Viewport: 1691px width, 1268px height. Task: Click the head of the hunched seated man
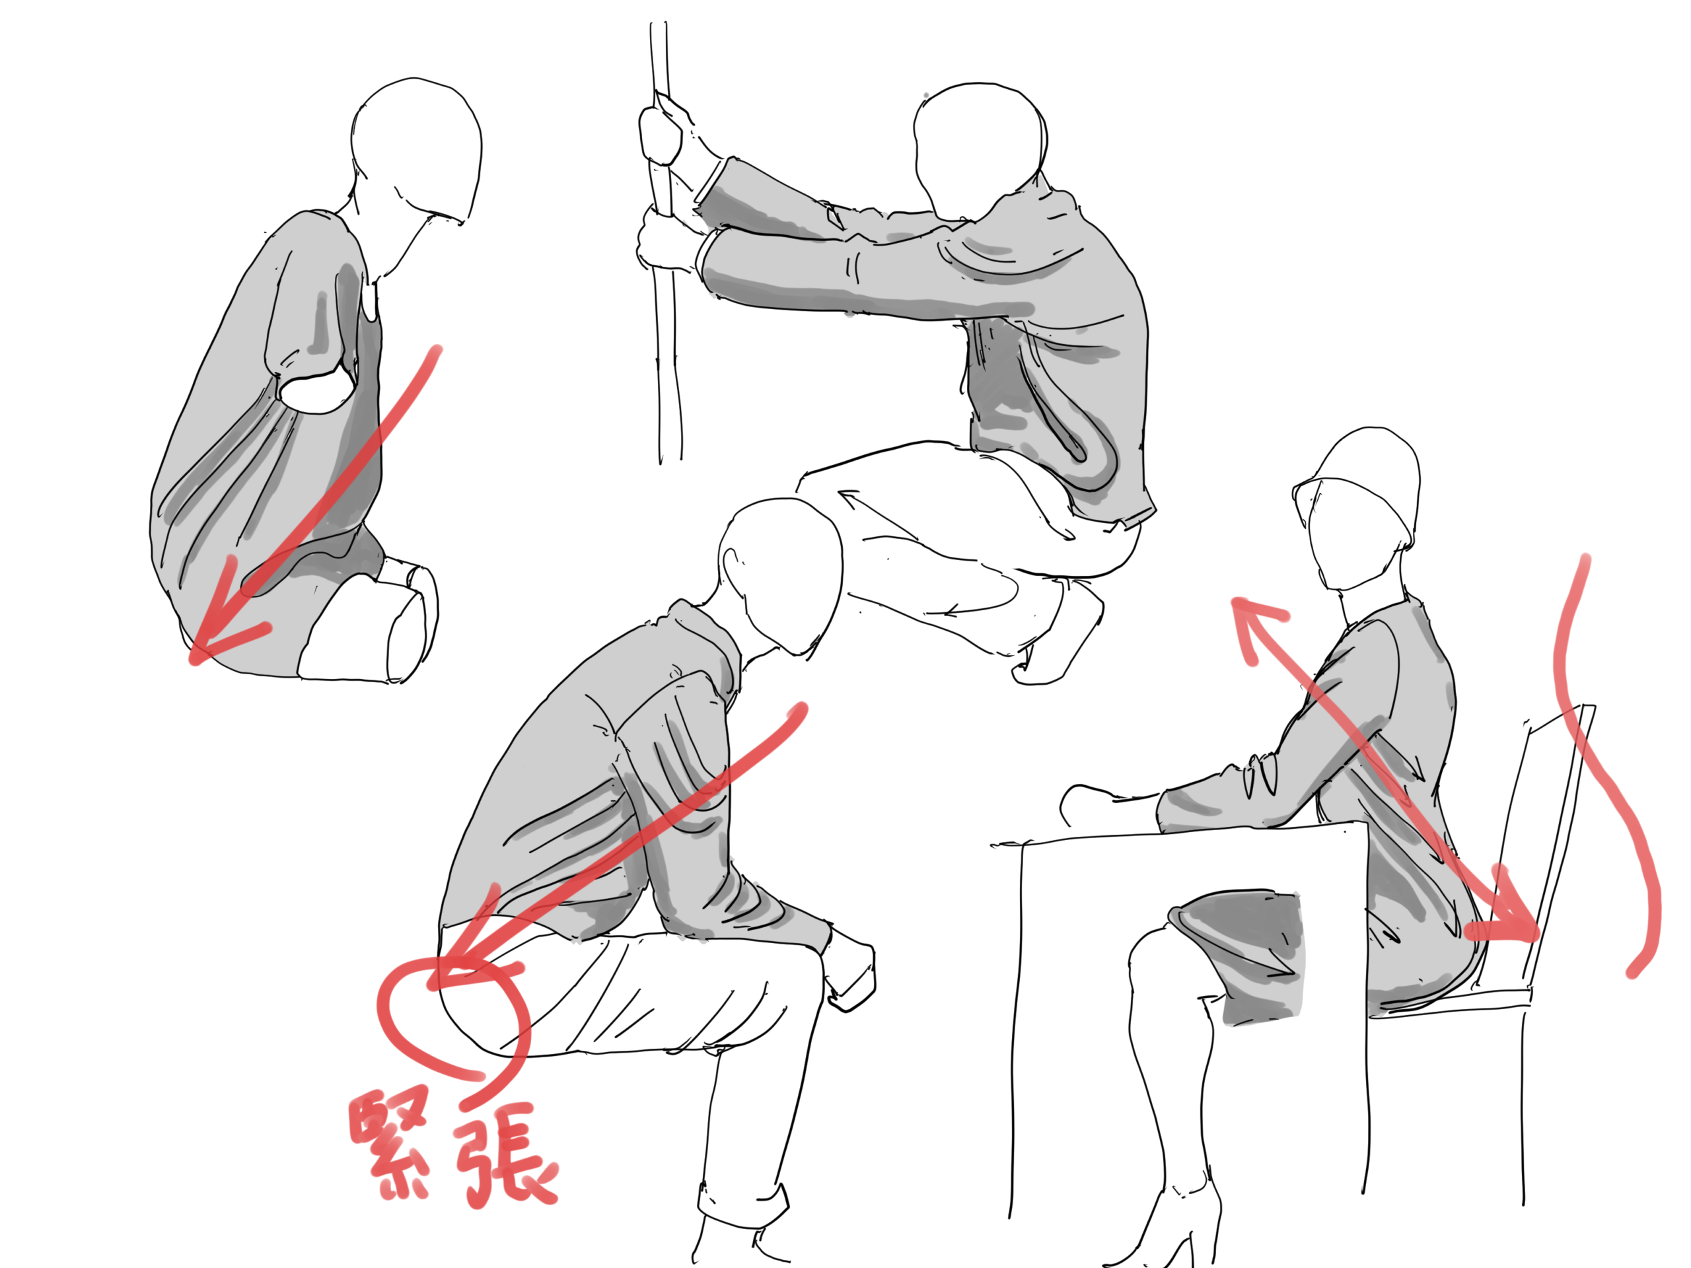(x=779, y=577)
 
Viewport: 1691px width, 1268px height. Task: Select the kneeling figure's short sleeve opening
(x=316, y=386)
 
